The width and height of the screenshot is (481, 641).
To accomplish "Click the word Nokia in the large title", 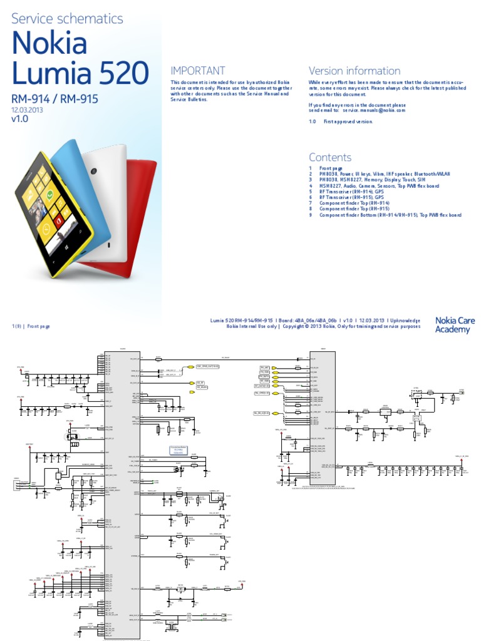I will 49,44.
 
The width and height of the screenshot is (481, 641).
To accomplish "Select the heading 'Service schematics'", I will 68,19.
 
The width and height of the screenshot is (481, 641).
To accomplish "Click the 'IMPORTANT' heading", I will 198,71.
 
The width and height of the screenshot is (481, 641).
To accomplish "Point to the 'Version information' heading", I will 354,71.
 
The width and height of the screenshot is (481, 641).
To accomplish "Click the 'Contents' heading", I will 330,157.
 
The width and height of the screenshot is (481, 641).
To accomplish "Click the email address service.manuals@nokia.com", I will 374,110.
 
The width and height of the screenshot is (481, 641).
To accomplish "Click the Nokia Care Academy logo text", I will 455,325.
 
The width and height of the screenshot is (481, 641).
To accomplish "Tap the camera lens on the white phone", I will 93,172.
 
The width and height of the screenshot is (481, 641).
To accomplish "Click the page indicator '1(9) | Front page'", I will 31,326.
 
